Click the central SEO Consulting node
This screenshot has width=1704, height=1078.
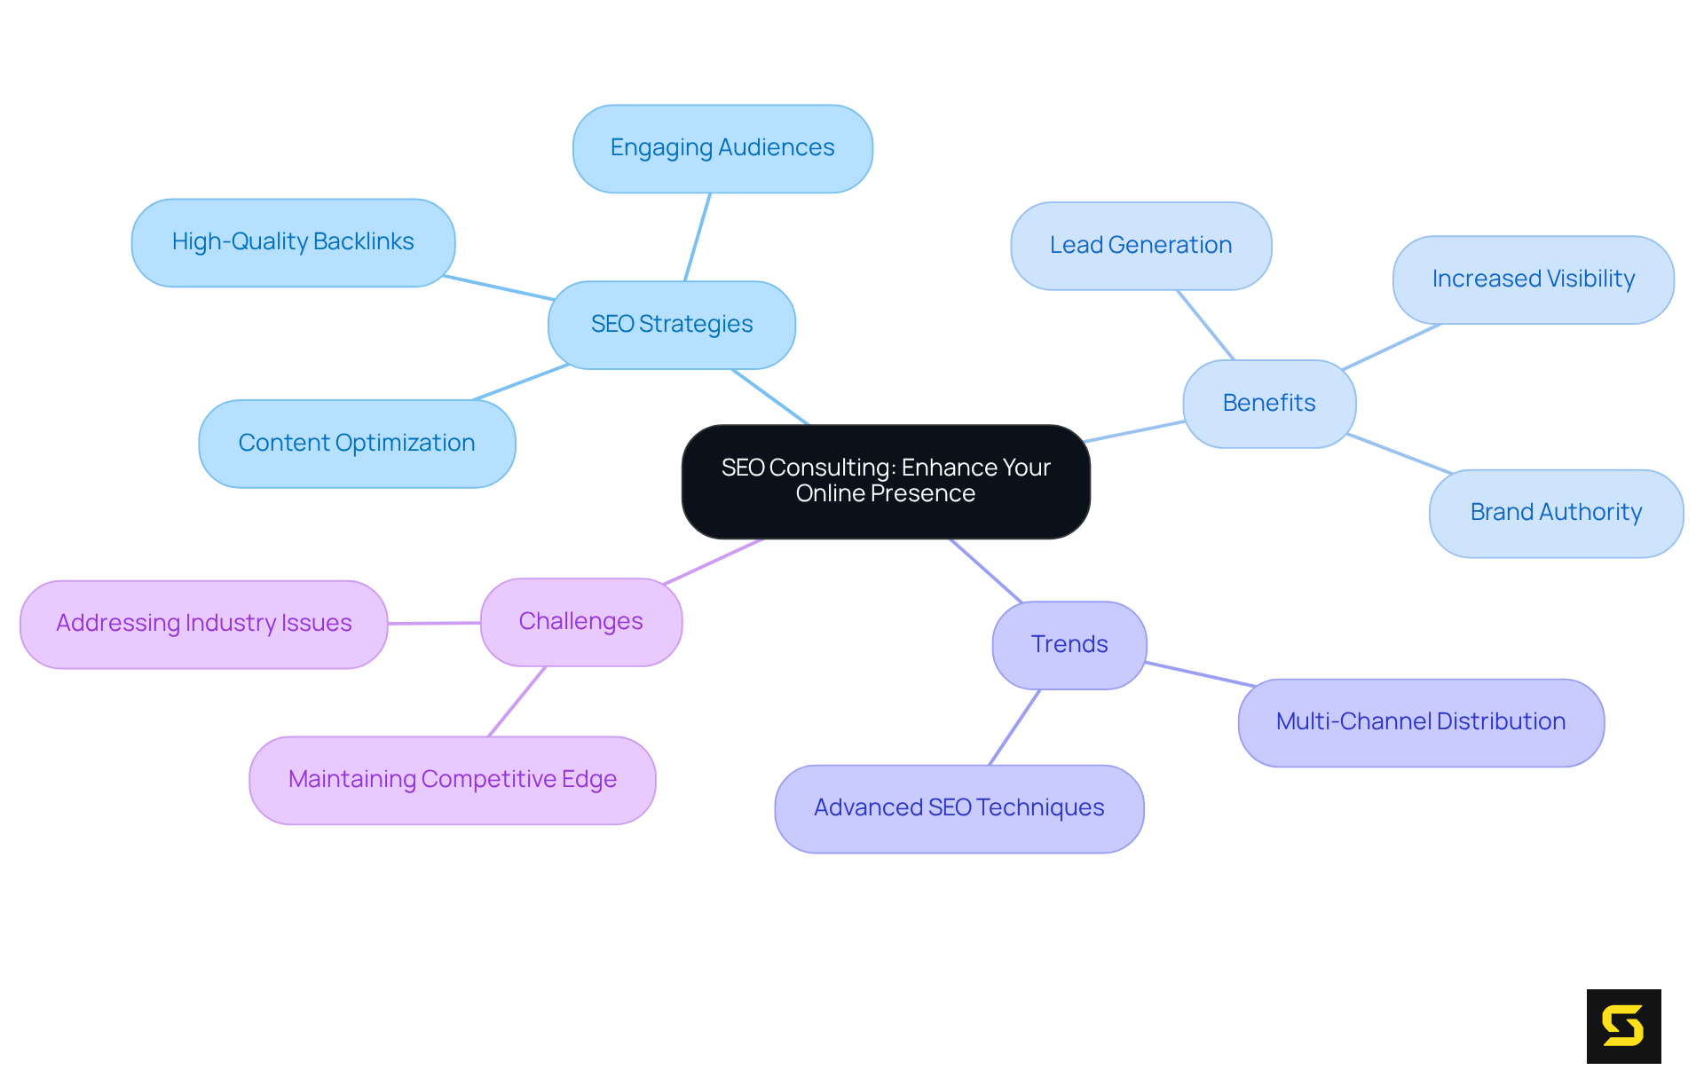pos(885,481)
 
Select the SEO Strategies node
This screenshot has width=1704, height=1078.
pos(672,325)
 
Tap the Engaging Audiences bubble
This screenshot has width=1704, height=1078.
pos(722,148)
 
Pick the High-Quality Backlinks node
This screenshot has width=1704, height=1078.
pos(293,242)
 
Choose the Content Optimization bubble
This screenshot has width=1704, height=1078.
pos(357,443)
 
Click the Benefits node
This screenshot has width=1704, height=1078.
pos(1269,404)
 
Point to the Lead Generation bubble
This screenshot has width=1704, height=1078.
pos(1140,246)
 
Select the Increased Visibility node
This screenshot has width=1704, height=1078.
pos(1533,279)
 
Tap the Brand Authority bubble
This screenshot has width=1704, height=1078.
pos(1556,513)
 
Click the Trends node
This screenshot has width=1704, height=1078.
pos(1069,645)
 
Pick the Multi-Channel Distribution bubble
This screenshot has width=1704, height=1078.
pos(1420,722)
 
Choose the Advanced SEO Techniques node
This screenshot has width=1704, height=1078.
pos(958,808)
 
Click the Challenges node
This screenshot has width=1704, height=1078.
pos(581,622)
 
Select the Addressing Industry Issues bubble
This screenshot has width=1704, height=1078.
pos(204,624)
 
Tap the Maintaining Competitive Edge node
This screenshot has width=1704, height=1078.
pos(453,780)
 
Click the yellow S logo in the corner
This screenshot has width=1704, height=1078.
pos(1623,1026)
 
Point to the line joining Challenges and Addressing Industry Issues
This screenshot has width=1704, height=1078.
pos(434,623)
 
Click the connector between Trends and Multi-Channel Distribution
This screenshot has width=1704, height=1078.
pos(1200,674)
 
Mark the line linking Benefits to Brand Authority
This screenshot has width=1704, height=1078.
pos(1399,453)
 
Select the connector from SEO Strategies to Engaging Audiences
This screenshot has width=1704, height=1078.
pos(698,237)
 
